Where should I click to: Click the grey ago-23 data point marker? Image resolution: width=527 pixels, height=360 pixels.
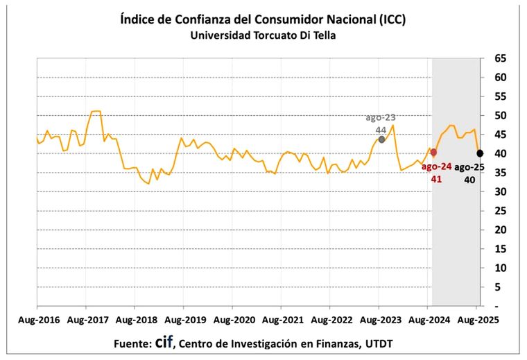click(x=381, y=139)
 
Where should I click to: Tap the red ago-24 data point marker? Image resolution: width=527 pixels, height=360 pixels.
click(x=433, y=153)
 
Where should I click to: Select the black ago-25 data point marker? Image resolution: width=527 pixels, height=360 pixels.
click(x=480, y=153)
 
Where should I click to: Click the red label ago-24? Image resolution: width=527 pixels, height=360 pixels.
click(x=438, y=166)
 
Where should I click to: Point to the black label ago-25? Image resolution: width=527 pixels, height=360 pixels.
click(x=471, y=166)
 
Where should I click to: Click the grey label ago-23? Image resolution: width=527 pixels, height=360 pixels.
click(x=381, y=117)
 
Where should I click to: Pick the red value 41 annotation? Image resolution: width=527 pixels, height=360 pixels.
click(x=438, y=179)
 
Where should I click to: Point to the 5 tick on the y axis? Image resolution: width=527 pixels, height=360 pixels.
click(x=501, y=286)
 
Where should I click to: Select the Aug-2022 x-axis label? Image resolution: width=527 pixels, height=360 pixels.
click(x=330, y=321)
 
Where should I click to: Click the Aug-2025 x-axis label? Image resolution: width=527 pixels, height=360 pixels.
click(x=476, y=321)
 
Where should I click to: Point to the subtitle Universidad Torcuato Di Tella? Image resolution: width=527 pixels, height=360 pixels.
click(x=263, y=35)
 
